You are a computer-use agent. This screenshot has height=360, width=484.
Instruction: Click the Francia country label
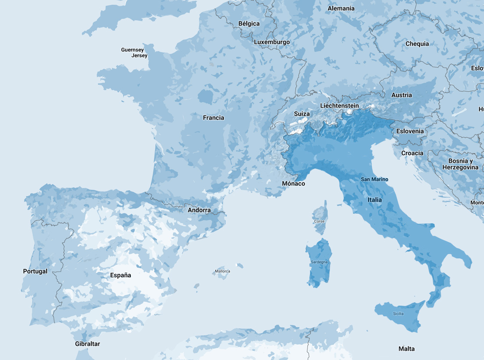[x=214, y=118]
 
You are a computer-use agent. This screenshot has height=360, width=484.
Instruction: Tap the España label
[x=121, y=275]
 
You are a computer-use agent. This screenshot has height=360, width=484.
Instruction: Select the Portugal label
[x=35, y=272]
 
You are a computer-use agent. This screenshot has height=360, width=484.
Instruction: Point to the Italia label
[x=375, y=200]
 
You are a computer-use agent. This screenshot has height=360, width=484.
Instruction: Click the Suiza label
[x=302, y=114]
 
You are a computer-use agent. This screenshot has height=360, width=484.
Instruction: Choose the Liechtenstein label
[x=339, y=106]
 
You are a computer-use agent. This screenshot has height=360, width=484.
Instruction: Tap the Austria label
[x=402, y=95]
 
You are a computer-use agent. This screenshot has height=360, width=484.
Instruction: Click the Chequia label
[x=417, y=44]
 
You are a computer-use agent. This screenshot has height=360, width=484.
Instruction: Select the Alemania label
[x=341, y=8]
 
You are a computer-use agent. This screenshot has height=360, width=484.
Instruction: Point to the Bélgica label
[x=249, y=24]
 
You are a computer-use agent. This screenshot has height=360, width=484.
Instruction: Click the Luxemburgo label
[x=272, y=42]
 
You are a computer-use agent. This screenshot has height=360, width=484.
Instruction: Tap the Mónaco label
[x=294, y=184]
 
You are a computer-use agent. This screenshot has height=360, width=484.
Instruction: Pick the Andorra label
[x=199, y=210]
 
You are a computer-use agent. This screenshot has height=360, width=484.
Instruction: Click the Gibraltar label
[x=87, y=344]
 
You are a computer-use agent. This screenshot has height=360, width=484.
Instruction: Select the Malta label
[x=406, y=349]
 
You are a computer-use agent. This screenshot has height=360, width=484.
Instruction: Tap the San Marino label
[x=374, y=180]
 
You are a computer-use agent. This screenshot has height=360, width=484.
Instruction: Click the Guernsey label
[x=132, y=50]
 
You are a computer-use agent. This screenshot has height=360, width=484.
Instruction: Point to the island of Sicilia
[x=398, y=314]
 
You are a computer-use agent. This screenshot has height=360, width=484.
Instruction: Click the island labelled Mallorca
[x=222, y=272]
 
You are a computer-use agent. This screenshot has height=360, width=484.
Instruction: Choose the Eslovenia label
[x=410, y=131]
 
